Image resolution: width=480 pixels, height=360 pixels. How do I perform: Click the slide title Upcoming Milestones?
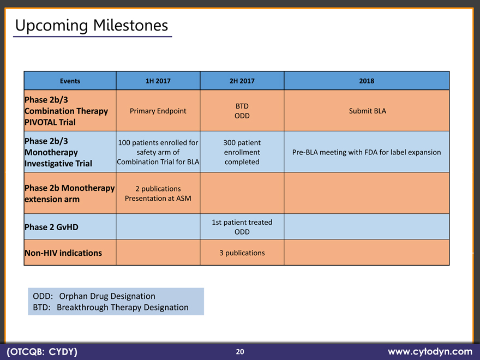[92, 26]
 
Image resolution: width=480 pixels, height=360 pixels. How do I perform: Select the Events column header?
[70, 81]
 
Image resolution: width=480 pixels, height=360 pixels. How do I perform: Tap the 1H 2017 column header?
[158, 81]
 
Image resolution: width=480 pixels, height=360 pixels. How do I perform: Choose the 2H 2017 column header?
[242, 81]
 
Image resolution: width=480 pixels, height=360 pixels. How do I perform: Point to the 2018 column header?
[367, 81]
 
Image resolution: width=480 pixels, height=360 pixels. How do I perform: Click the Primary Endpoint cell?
[158, 111]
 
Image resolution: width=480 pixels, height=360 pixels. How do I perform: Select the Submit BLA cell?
[367, 111]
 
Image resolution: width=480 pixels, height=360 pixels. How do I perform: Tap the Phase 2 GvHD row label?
[51, 227]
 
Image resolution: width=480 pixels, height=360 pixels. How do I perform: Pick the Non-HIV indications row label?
[63, 253]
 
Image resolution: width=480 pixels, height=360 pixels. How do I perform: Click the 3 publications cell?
[242, 253]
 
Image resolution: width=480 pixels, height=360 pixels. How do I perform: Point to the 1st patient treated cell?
[242, 227]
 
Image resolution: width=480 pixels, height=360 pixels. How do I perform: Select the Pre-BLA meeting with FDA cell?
[367, 152]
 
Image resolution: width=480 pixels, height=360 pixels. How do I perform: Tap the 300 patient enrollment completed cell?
[242, 152]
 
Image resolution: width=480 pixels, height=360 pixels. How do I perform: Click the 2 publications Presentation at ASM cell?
[158, 194]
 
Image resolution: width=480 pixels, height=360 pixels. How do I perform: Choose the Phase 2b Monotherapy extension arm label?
[69, 194]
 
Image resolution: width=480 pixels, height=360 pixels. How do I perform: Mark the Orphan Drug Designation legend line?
[94, 296]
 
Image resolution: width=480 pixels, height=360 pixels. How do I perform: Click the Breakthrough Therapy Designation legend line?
[111, 307]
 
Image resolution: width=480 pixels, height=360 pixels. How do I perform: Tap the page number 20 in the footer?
[240, 352]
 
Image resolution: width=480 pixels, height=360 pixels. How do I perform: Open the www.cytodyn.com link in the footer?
[430, 351]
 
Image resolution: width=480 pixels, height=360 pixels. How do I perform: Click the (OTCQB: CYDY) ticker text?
[42, 352]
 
